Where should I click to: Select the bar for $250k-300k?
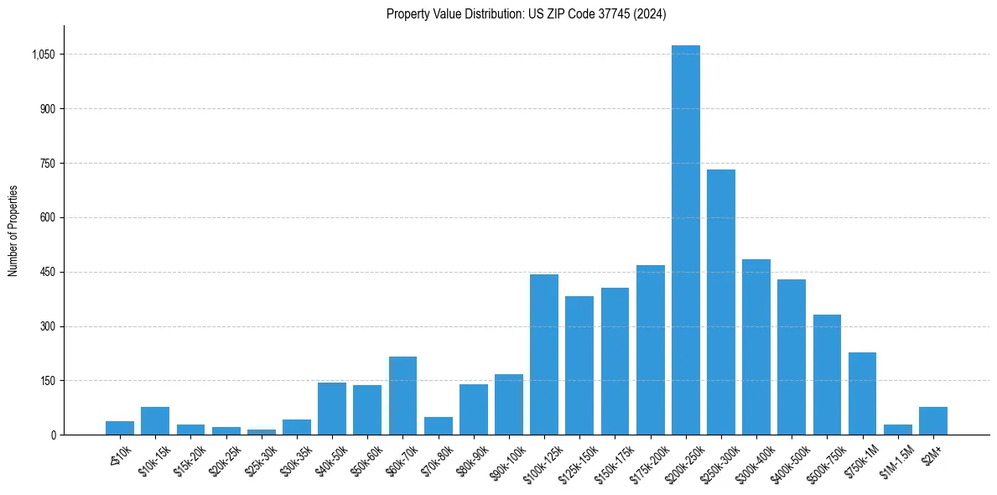tap(720, 302)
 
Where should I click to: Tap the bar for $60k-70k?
tap(402, 395)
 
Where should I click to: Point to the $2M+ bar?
tap(932, 420)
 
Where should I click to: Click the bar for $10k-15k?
tap(155, 420)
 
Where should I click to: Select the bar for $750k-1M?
tap(862, 393)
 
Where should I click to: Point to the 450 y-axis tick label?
tap(48, 272)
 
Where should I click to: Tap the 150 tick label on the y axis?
tap(48, 381)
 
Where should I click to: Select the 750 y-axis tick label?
tap(48, 164)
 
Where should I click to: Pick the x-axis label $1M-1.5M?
tap(895, 457)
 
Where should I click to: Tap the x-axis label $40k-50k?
tap(330, 456)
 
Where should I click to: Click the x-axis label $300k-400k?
tap(753, 457)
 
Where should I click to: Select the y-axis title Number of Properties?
tap(13, 231)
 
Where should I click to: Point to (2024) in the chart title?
tap(649, 14)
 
